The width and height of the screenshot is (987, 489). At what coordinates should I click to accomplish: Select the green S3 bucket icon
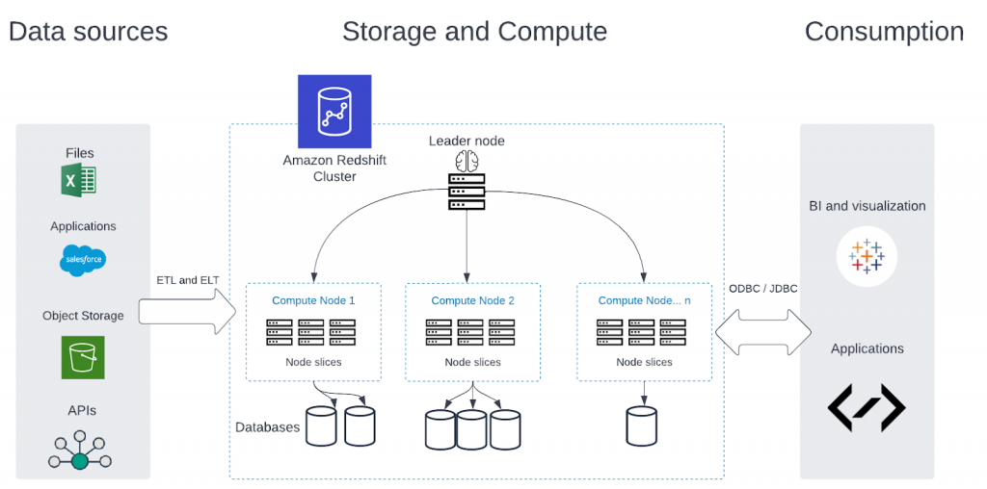click(83, 357)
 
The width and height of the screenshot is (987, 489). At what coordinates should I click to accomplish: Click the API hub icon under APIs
click(79, 450)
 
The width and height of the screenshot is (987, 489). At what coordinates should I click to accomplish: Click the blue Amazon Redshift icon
click(334, 112)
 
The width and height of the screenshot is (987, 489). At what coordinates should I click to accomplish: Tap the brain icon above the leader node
click(467, 161)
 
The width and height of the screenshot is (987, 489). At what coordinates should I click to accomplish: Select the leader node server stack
click(467, 193)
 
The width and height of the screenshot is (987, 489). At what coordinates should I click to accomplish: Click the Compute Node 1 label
click(313, 300)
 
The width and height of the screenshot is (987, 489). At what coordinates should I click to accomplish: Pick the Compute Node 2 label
click(472, 300)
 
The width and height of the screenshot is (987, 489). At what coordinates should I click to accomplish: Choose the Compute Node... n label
click(644, 300)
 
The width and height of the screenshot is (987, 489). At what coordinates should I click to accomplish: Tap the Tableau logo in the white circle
click(867, 256)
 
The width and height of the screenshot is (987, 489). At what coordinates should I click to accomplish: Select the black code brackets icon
click(867, 408)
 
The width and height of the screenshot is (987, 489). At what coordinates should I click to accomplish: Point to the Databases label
click(268, 427)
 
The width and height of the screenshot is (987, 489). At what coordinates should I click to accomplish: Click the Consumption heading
click(884, 32)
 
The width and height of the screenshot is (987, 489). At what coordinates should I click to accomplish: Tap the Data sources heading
click(88, 32)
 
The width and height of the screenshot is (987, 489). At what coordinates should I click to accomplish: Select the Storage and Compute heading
click(474, 32)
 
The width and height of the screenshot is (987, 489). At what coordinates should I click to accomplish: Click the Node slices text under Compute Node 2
click(472, 362)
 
